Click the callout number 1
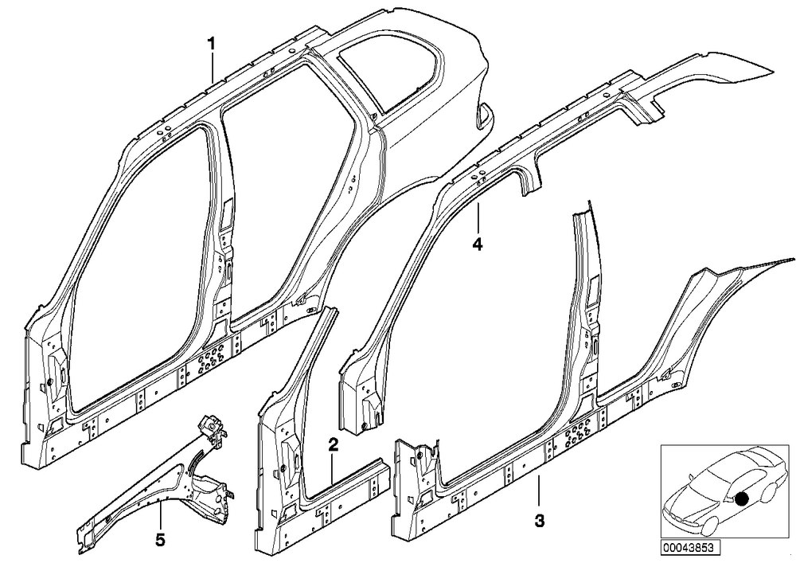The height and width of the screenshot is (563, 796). [x=211, y=43]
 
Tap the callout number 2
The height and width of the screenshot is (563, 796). [x=333, y=445]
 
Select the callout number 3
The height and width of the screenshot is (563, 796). [x=540, y=520]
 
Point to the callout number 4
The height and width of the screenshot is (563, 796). [x=477, y=244]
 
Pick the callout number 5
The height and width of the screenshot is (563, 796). [x=160, y=541]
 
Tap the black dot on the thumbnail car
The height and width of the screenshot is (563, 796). [x=742, y=499]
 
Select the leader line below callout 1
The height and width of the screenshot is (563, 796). [x=213, y=67]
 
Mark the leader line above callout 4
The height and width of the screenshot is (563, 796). [x=478, y=218]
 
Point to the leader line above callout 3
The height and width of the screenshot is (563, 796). [x=539, y=491]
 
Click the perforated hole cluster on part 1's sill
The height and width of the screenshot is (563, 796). [x=207, y=363]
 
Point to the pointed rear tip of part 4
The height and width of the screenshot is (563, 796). [x=775, y=69]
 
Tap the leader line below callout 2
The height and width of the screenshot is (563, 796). [x=332, y=468]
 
